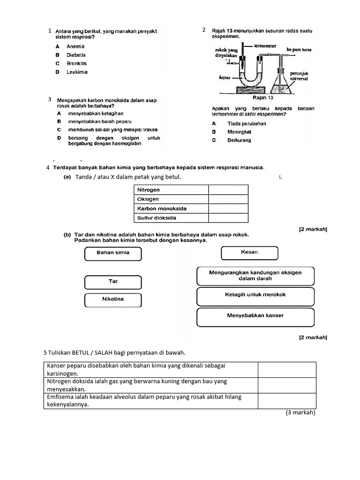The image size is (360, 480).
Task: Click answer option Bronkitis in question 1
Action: coord(76,64)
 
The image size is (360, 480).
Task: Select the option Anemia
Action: coord(75,46)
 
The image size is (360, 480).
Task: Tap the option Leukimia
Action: coord(77,72)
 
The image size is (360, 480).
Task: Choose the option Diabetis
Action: coord(76,55)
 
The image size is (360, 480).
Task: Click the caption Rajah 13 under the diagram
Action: coord(262,98)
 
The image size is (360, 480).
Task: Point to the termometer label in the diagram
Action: coord(265,46)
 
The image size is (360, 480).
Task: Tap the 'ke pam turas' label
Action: coord(299,49)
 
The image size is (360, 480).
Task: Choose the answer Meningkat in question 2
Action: coord(239,132)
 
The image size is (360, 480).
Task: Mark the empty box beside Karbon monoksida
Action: coord(228,209)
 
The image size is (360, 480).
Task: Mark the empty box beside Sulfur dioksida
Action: coord(228,218)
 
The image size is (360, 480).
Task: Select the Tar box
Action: coord(113,282)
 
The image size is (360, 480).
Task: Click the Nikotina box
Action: coord(113,299)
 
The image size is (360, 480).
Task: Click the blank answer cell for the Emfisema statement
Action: coord(287,401)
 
